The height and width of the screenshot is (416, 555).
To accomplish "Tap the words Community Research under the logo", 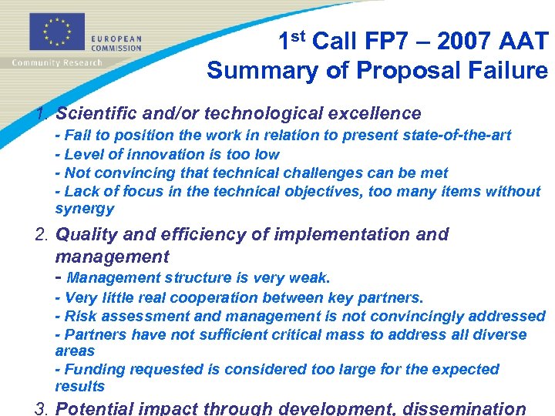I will (x=56, y=62).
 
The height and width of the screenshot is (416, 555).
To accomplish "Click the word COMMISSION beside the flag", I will (x=116, y=47).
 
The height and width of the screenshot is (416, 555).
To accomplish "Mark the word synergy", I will (x=84, y=209).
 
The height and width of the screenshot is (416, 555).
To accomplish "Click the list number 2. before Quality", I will (x=42, y=234).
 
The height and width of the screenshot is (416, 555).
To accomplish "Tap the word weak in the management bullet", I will (x=311, y=277).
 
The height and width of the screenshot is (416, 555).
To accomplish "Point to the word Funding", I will (x=92, y=370).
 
